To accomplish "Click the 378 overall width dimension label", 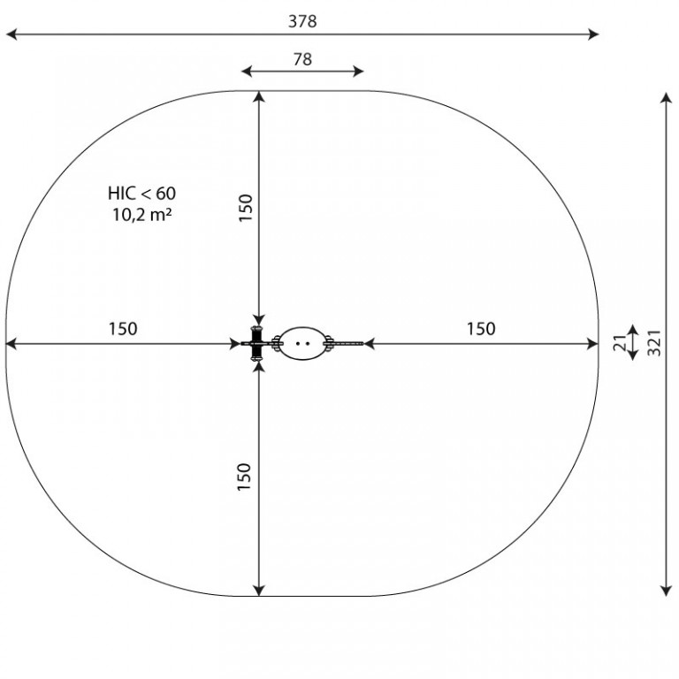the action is [x=302, y=21].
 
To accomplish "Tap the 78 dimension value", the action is [x=302, y=59].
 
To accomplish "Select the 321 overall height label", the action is [x=654, y=342].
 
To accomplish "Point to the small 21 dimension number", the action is [x=620, y=342].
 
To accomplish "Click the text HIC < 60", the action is [x=141, y=193].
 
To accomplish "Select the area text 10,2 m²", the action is [x=142, y=214].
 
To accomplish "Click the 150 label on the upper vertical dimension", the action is [x=246, y=208].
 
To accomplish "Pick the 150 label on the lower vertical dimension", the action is [x=245, y=477].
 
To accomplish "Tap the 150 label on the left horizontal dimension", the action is [x=123, y=329].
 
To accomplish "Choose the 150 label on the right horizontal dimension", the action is [x=481, y=329].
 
